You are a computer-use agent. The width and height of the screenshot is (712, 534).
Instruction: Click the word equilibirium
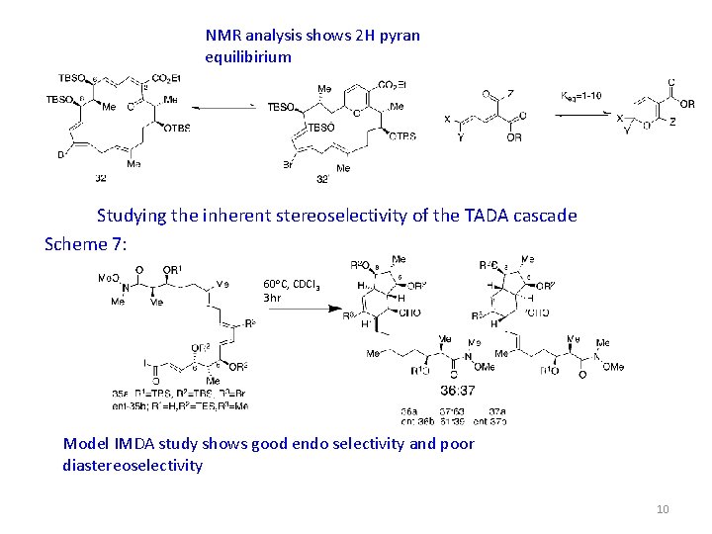pos(248,56)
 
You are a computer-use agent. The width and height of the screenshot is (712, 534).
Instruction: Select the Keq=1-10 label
pos(580,96)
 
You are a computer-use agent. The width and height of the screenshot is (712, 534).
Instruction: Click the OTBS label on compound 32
pos(177,128)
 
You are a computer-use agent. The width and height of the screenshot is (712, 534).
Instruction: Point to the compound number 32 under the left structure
pos(101,179)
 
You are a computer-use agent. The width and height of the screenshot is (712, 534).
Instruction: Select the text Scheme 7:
pos(85,243)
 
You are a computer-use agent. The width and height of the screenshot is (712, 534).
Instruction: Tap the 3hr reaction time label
pos(274,297)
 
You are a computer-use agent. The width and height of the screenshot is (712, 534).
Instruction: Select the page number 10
pos(663,509)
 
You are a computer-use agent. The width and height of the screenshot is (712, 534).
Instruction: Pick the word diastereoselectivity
pos(133,465)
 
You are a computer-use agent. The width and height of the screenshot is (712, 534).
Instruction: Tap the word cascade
pos(542,216)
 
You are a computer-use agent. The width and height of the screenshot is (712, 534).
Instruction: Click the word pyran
pos(398,36)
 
